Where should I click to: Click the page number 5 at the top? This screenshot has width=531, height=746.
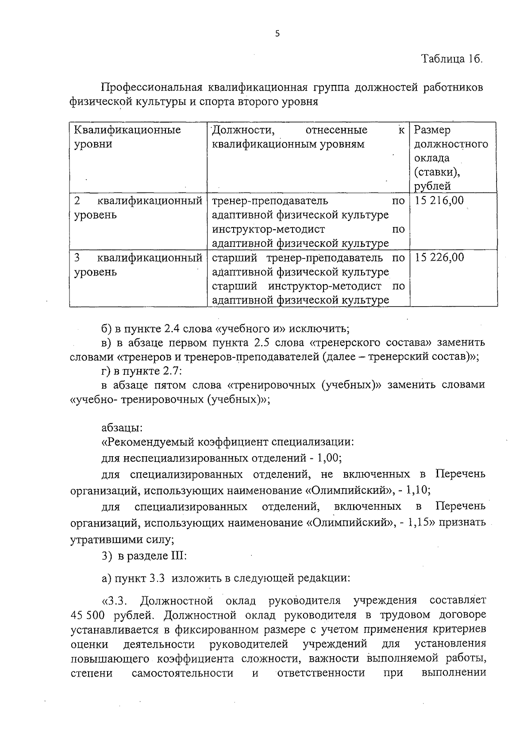pyautogui.click(x=277, y=34)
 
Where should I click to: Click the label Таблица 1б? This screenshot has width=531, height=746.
pyautogui.click(x=451, y=59)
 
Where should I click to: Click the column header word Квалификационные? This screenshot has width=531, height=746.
pyautogui.click(x=127, y=130)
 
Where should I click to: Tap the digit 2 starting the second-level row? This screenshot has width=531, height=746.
pyautogui.click(x=77, y=201)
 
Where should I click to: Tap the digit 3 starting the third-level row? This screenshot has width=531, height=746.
pyautogui.click(x=77, y=258)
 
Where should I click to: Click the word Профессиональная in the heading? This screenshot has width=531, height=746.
pyautogui.click(x=152, y=87)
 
